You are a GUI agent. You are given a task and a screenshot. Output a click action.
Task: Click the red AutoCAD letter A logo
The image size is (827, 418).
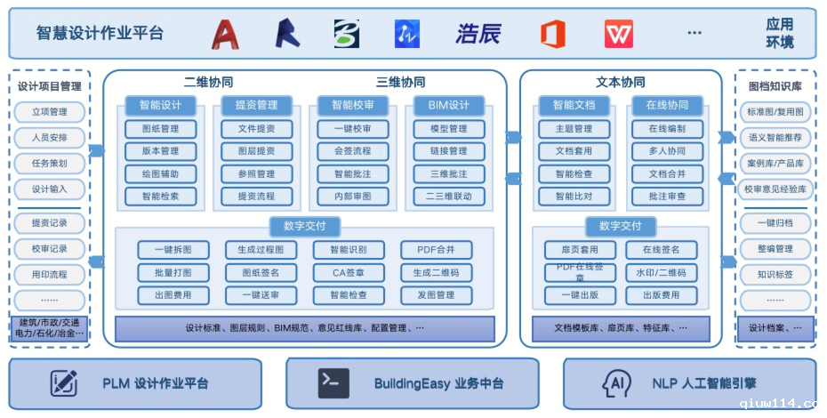(226, 34)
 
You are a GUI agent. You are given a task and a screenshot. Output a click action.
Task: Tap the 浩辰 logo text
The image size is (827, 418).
(478, 34)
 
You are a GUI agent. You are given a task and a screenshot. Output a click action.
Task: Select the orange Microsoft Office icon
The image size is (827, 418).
(553, 34)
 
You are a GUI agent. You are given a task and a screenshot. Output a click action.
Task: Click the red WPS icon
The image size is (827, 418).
(619, 34)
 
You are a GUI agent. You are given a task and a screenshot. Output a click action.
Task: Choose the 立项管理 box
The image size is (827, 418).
(50, 112)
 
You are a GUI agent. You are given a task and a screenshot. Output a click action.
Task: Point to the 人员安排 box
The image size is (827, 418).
(50, 138)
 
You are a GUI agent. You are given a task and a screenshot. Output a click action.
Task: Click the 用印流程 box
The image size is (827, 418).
(50, 275)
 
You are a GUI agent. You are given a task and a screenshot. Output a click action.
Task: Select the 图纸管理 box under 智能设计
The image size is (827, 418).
(160, 129)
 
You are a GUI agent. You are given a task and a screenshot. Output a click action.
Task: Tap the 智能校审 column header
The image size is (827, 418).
(353, 105)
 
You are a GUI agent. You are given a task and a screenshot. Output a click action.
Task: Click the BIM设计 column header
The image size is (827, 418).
(448, 105)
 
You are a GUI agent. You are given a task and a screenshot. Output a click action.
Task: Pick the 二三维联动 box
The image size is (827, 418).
(448, 196)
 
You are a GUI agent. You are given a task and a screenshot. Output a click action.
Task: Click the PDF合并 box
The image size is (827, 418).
(436, 250)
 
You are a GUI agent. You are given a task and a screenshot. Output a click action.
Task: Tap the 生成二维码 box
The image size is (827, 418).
(436, 272)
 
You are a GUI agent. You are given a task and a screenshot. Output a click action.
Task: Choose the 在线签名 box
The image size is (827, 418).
(661, 250)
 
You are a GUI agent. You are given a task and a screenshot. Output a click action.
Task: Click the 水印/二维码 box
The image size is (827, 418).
(661, 272)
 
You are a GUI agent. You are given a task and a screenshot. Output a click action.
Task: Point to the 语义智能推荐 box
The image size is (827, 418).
(775, 138)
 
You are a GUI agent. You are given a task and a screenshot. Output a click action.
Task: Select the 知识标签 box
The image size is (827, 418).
(775, 275)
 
